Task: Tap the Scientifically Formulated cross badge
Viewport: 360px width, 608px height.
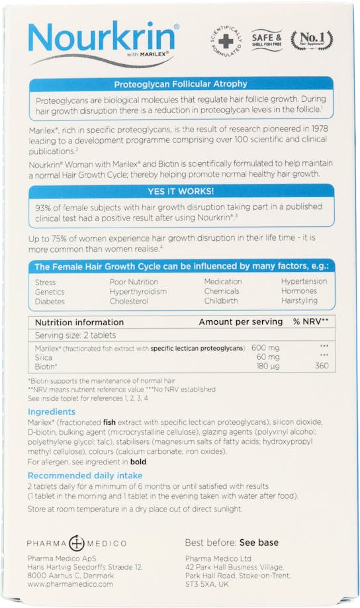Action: point(226,40)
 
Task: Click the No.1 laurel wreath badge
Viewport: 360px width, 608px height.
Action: point(311,40)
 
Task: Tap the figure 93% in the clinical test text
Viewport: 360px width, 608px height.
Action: point(45,207)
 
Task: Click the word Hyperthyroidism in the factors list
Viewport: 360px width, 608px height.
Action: point(138,292)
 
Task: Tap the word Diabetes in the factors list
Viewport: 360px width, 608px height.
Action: point(50,302)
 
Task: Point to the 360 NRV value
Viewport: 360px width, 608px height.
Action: point(322,365)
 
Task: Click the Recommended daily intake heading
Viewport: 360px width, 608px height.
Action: point(85,475)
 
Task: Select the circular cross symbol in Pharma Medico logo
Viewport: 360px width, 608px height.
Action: point(77,543)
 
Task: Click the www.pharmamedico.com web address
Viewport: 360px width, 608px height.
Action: point(69,584)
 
